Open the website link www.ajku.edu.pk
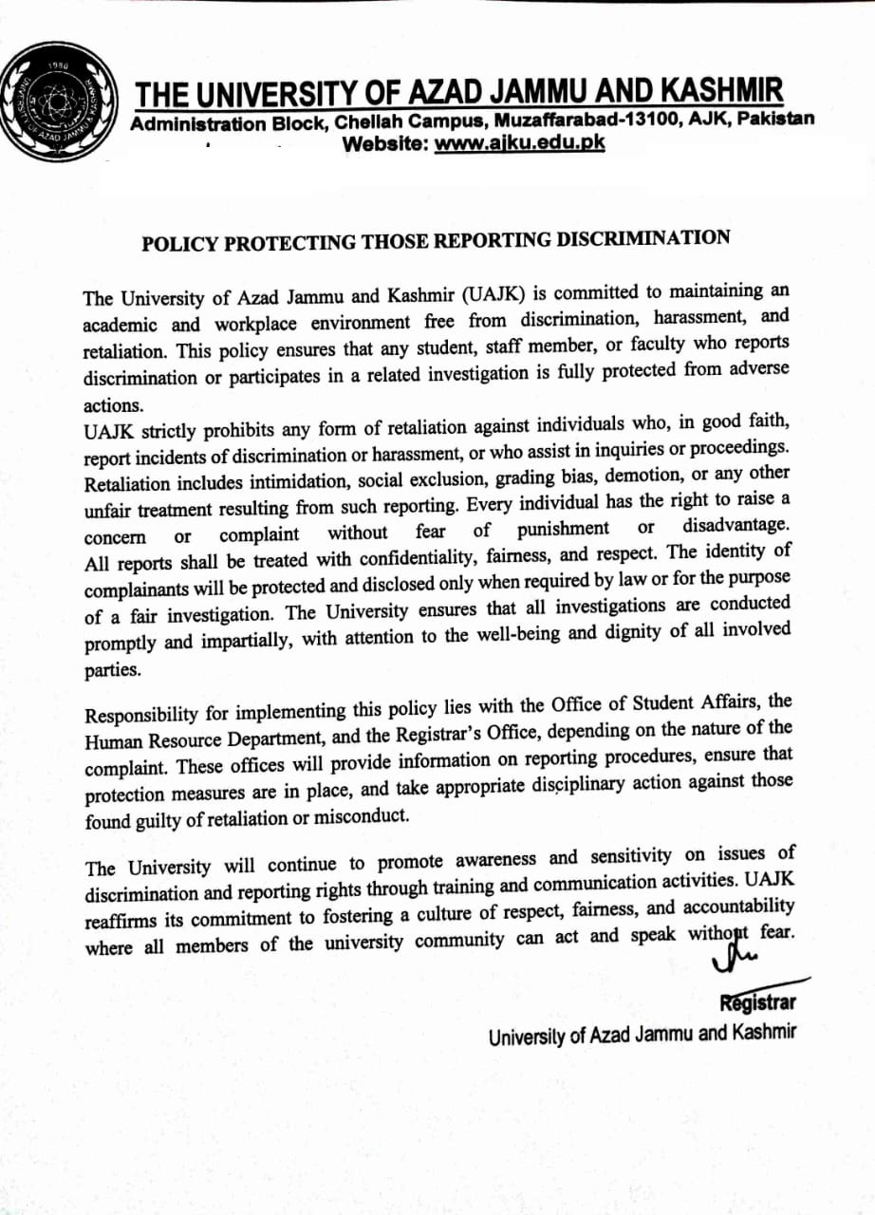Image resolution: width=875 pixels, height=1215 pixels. [519, 143]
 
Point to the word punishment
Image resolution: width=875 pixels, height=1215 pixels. [564, 529]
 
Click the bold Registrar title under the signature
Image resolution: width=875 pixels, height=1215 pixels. [757, 1002]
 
